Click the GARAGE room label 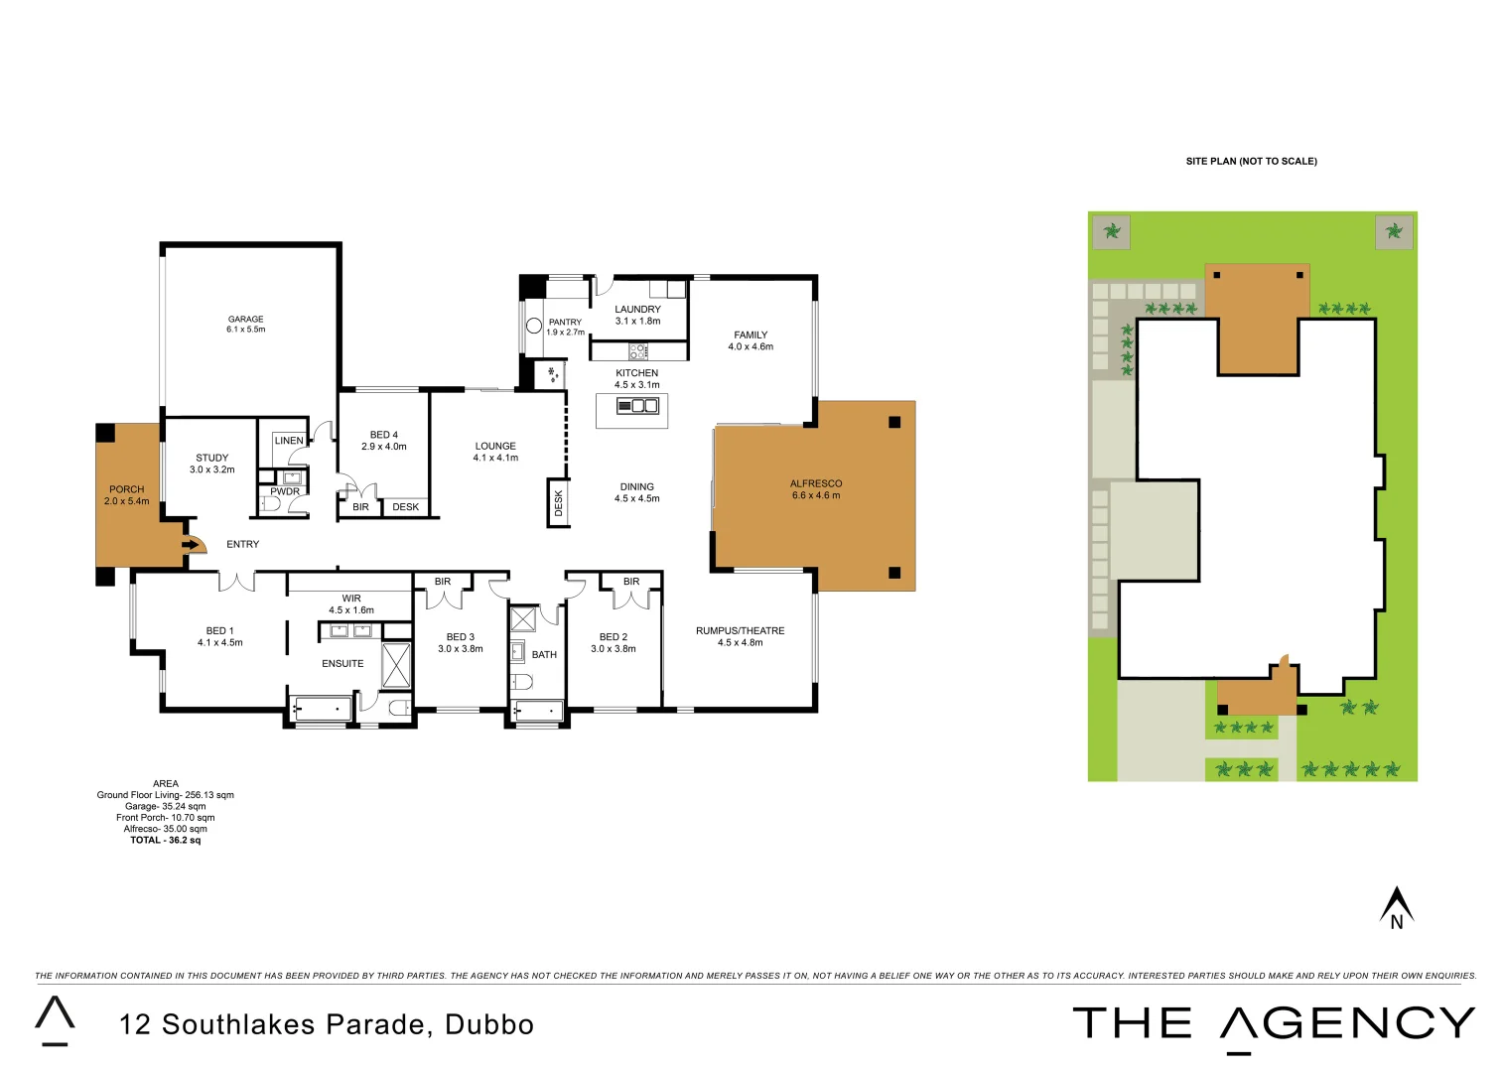[x=245, y=320]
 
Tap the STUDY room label [x=211, y=458]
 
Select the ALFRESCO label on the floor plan [x=815, y=483]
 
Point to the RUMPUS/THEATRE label [x=740, y=630]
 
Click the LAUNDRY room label [x=637, y=310]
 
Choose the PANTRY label [x=565, y=322]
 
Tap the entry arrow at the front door [x=191, y=544]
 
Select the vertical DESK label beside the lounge [x=558, y=503]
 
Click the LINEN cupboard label [x=289, y=441]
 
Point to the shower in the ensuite [x=396, y=665]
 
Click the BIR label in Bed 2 [x=631, y=582]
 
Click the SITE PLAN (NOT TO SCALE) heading [x=1251, y=161]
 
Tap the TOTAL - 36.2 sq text [x=165, y=840]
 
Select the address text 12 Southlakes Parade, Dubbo [x=327, y=1024]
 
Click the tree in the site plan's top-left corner [x=1112, y=231]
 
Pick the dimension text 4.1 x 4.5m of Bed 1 [x=219, y=642]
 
